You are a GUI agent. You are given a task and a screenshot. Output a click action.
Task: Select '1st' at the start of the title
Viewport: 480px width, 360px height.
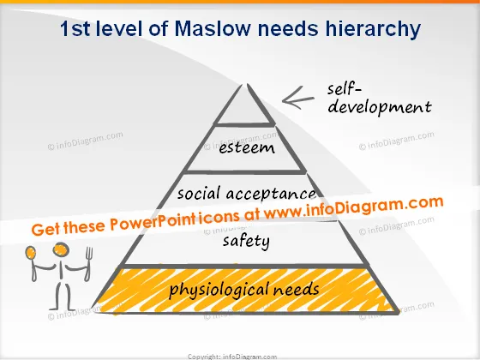pos(75,29)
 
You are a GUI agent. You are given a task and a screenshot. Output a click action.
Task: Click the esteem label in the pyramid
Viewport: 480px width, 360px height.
pos(247,148)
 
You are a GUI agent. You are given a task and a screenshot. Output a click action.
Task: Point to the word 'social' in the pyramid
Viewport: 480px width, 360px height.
pos(199,194)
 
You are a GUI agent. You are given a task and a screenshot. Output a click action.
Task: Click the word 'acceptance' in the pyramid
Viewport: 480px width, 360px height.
pos(271,194)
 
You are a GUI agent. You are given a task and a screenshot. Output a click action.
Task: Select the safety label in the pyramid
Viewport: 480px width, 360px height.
pos(246,241)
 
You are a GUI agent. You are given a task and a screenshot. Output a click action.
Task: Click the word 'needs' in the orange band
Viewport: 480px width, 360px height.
pos(296,289)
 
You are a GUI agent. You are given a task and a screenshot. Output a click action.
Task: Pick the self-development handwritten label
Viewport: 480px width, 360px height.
pos(380,99)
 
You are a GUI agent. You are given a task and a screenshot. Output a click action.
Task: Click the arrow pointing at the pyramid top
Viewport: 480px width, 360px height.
pos(298,98)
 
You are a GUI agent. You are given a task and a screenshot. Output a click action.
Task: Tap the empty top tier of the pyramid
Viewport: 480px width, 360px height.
pos(245,111)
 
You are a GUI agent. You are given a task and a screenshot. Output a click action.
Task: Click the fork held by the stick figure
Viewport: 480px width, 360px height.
pos(88,264)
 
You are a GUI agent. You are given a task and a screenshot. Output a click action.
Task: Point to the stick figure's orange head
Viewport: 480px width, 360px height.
pos(61,249)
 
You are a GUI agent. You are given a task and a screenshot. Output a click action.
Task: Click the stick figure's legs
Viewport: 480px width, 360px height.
pos(63,297)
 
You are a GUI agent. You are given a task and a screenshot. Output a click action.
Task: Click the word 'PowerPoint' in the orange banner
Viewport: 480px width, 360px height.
pos(153,222)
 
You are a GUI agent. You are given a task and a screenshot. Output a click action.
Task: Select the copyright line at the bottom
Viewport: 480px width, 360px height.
pos(232,357)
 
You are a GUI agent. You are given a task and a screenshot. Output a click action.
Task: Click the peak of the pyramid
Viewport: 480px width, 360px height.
pos(244,84)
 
